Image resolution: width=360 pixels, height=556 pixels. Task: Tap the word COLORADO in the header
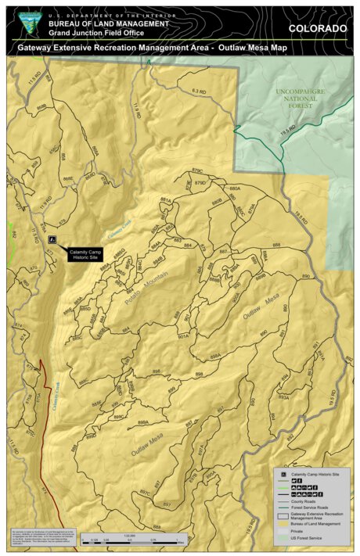point(317,28)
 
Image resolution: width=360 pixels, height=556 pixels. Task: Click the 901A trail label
point(183,335)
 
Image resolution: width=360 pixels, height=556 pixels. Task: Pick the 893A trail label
point(283,396)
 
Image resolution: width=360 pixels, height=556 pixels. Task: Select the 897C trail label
point(145,493)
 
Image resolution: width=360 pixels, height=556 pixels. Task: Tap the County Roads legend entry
point(306,502)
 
